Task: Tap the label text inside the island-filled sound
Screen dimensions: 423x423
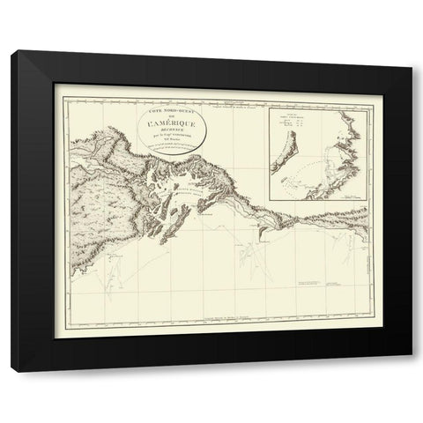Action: [x=187, y=191]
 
